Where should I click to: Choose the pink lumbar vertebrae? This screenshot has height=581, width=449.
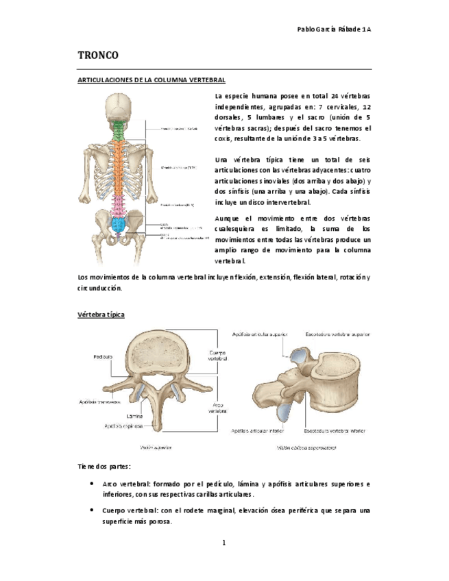120,204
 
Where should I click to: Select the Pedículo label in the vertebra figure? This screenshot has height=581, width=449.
104,357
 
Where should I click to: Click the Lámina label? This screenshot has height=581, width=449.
135,416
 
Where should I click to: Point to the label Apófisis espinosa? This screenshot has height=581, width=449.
123,425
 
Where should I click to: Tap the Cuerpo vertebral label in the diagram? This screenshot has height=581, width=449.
217,355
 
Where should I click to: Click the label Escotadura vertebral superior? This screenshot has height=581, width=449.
337,335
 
